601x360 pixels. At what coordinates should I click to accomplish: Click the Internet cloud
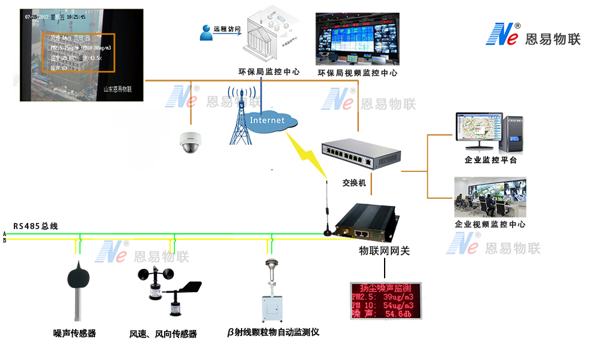coord(268,121)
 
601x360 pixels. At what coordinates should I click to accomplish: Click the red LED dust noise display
coord(386,301)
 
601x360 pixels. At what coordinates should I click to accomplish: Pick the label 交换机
coord(354,183)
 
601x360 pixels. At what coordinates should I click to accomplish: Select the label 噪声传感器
coord(75,333)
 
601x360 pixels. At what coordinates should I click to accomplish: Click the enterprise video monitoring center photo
coord(490,197)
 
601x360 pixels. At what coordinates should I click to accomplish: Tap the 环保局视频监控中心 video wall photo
coord(358,39)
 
